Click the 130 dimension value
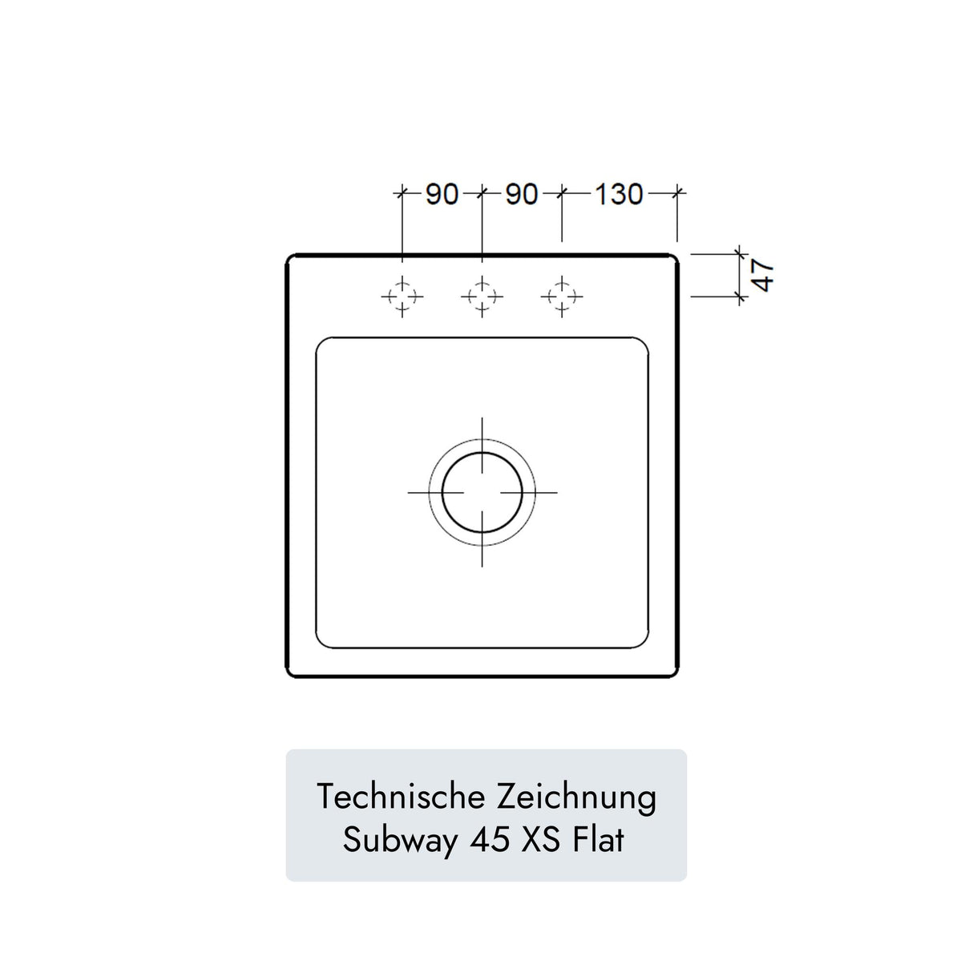click(x=619, y=194)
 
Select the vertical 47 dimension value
click(x=763, y=275)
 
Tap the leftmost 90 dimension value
click(x=442, y=194)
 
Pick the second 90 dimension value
click(x=522, y=194)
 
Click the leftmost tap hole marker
click(x=402, y=297)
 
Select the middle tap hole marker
click(x=482, y=297)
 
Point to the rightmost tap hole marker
click(x=562, y=297)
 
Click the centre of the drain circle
click(x=482, y=491)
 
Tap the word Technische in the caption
click(x=401, y=797)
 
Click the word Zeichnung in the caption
click(x=576, y=797)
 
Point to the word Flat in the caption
click(x=599, y=840)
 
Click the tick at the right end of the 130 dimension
click(x=678, y=192)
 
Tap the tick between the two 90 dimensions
click(x=482, y=192)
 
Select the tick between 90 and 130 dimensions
click(x=562, y=192)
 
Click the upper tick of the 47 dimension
click(x=739, y=254)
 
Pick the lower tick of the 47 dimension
click(x=739, y=297)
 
